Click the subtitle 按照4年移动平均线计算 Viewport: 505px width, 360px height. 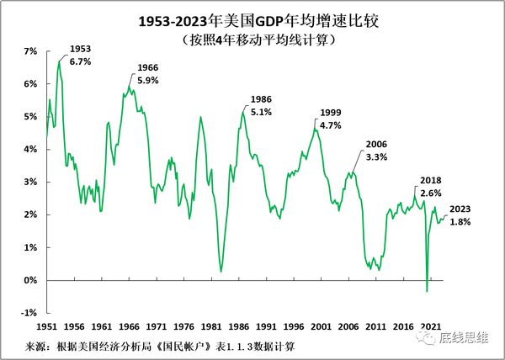[x=252, y=39]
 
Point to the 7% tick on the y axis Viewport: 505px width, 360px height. [x=31, y=52]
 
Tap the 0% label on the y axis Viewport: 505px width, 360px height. [x=31, y=280]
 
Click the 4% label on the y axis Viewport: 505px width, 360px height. [x=31, y=150]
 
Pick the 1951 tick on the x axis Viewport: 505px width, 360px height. [x=47, y=326]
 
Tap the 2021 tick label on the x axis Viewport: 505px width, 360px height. [x=430, y=326]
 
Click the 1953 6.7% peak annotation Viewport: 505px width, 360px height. [x=81, y=56]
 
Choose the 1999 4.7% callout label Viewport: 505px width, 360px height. [x=332, y=119]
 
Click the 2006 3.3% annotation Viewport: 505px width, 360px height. [x=375, y=151]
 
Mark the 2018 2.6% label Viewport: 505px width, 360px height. [x=430, y=186]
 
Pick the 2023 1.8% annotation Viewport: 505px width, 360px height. [x=460, y=215]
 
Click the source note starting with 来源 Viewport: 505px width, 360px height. [x=160, y=346]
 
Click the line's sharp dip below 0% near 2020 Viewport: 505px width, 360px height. [x=427, y=290]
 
